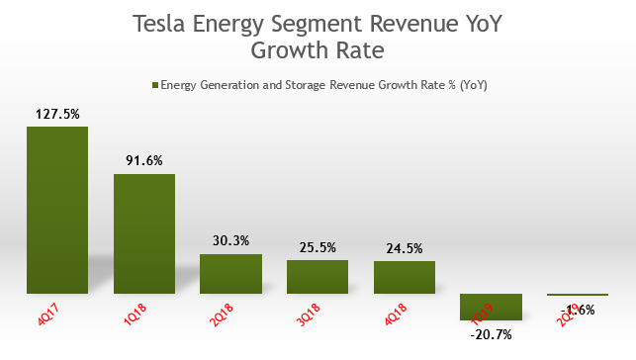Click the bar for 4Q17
click(x=57, y=210)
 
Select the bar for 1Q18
click(x=143, y=233)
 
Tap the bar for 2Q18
click(x=230, y=274)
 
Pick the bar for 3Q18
click(x=318, y=277)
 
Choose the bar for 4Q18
click(x=405, y=278)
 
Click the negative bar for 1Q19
click(x=491, y=307)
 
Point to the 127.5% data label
click(x=57, y=114)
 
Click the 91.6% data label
click(x=143, y=161)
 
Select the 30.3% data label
click(x=230, y=241)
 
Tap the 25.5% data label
click(x=318, y=247)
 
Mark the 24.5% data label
click(x=405, y=248)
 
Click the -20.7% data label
click(x=491, y=335)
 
